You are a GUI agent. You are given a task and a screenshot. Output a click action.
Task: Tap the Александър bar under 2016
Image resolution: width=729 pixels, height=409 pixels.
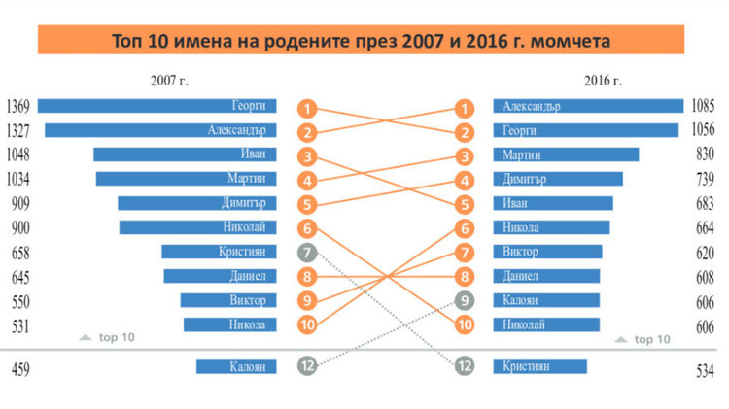[588, 106]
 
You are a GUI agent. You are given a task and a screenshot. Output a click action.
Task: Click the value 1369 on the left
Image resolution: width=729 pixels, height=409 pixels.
[19, 106]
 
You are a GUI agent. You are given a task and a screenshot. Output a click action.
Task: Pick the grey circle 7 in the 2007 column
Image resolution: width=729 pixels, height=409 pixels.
[307, 253]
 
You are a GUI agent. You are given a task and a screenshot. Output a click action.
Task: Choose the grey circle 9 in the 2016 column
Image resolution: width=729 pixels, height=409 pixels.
[466, 300]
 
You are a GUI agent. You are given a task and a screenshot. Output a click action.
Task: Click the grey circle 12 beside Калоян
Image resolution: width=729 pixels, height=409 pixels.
[307, 367]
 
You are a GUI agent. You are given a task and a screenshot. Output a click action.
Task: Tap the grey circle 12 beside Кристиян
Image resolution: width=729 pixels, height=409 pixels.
[466, 367]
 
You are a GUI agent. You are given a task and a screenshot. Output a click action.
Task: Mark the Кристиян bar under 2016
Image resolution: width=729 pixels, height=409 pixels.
[540, 367]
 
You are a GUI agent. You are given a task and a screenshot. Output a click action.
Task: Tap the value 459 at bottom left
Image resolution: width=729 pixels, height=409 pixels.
[19, 368]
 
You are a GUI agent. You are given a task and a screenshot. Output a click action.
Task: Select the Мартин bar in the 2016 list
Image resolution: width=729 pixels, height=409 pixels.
[567, 154]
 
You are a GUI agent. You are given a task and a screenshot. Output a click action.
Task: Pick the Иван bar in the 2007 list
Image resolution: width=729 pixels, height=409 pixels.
[185, 154]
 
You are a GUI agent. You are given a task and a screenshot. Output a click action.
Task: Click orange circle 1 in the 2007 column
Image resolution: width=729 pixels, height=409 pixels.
[307, 109]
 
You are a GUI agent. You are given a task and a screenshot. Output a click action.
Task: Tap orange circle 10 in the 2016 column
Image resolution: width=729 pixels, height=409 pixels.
[466, 325]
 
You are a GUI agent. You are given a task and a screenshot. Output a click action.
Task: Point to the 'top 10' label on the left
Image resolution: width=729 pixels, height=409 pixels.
[109, 337]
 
